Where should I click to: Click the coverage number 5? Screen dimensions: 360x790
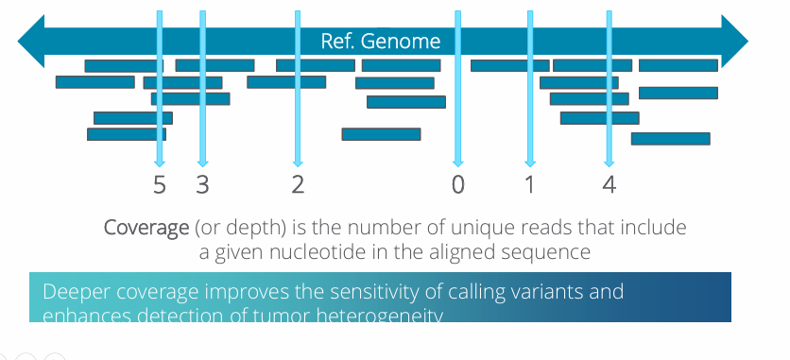coord(160,184)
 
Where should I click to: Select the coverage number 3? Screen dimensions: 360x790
coord(202,184)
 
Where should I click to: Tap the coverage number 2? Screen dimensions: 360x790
coord(298,184)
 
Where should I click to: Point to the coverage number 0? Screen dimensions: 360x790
coord(458,184)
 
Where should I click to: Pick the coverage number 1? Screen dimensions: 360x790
coord(529,184)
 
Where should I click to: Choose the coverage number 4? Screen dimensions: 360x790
coord(609,184)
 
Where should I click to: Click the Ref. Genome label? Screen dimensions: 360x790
coord(381,42)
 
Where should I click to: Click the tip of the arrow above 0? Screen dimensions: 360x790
coord(458,163)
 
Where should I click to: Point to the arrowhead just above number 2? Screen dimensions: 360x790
coord(298,163)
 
